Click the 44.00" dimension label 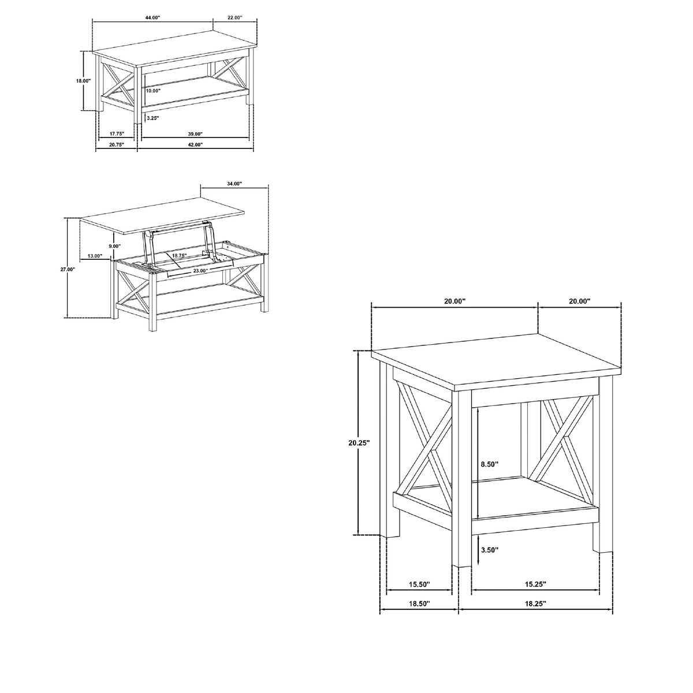[x=153, y=17]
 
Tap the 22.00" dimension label [x=236, y=17]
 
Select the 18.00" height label [x=83, y=80]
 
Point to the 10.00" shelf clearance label [x=153, y=91]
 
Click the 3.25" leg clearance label [x=152, y=118]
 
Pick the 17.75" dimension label [x=117, y=133]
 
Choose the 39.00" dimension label [x=196, y=134]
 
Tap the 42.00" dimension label [x=196, y=144]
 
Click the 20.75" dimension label [x=117, y=144]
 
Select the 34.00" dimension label [x=234, y=184]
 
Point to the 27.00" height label [x=68, y=269]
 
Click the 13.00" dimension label [x=95, y=256]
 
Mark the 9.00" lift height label [x=115, y=246]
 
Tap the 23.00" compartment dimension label [x=200, y=270]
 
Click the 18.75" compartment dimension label [x=179, y=255]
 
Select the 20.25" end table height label [x=359, y=443]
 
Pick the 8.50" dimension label [x=490, y=464]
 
